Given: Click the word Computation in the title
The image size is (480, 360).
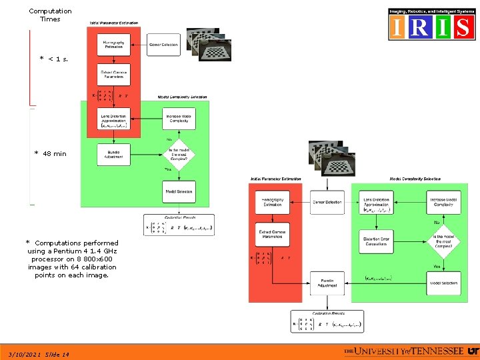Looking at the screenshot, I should (50, 11).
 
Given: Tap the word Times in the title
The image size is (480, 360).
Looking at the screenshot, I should (50, 19).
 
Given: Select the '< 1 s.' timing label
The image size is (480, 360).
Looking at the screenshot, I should (57, 59).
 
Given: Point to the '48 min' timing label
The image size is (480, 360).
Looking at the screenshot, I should (54, 154).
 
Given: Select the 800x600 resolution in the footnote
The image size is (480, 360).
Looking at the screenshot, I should (107, 259).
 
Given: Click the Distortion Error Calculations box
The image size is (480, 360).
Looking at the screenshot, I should (377, 242).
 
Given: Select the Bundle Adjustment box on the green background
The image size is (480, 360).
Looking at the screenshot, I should (113, 155).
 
